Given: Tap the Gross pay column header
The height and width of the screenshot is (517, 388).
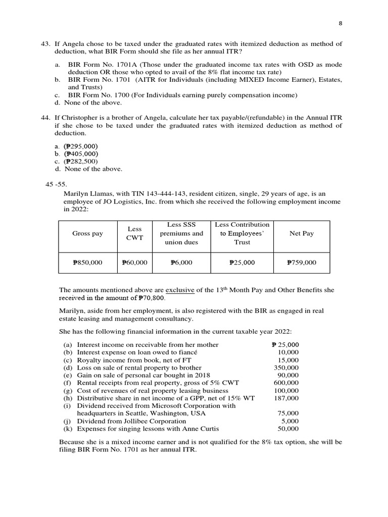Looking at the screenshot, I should click(87, 234).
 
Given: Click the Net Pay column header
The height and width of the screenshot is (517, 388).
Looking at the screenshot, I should click(301, 234).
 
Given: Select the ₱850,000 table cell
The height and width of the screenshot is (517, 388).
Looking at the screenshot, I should click(87, 263).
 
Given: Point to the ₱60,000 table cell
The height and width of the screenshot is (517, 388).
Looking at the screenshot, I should click(134, 263).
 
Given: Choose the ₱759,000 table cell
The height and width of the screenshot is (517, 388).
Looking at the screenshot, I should click(301, 263).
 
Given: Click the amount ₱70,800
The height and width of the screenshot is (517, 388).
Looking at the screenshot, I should click(152, 298).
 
